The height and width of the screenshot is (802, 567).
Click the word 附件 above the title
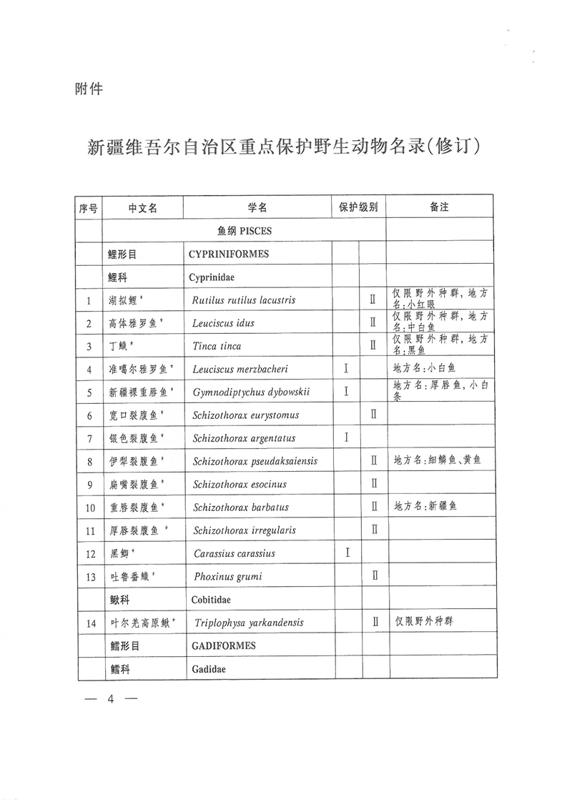(89, 89)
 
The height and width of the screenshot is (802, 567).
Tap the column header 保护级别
(358, 207)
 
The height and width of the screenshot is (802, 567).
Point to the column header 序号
(89, 208)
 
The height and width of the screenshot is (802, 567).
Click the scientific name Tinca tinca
(217, 346)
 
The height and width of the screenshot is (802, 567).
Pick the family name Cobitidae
(211, 600)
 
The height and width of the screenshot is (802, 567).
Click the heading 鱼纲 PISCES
(244, 231)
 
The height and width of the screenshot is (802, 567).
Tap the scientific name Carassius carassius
(235, 553)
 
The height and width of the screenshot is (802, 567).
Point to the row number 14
(90, 623)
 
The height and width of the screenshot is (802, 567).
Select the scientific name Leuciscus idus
(223, 323)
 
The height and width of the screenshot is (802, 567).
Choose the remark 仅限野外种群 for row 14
(424, 621)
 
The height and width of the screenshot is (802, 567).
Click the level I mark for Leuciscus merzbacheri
(346, 369)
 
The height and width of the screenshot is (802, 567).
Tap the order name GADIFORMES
(223, 645)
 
